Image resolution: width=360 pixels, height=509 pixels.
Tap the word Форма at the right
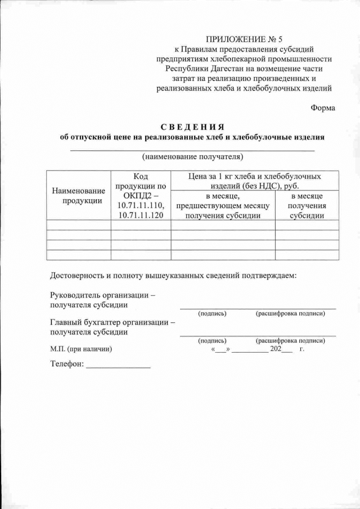coord(323,108)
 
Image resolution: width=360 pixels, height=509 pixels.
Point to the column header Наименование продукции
coord(79,196)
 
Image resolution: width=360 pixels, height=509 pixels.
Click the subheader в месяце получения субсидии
coord(307,205)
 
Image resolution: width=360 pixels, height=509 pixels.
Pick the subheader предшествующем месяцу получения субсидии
coord(223,206)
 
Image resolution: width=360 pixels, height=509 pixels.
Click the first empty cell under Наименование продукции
coord(79,225)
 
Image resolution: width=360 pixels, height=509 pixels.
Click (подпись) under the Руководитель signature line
coord(212,313)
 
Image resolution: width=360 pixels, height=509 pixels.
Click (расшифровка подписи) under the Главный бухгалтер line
coord(290,340)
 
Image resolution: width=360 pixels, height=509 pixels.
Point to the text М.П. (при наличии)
coord(81,349)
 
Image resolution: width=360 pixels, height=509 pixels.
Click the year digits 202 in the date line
coord(276,349)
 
